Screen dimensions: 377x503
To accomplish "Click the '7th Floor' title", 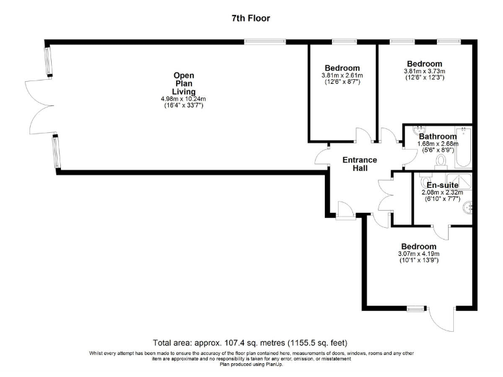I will coord(251,18).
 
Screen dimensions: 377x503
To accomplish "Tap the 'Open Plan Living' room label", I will coord(183,83).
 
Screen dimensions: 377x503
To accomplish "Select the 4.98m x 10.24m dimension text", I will coord(183,99).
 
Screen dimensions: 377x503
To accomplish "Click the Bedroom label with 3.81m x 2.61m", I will coord(342,69).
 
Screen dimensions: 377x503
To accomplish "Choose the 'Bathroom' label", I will coord(438,137).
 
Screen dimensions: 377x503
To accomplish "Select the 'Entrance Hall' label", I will coord(360,164).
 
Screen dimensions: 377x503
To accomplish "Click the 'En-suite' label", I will coord(442,185).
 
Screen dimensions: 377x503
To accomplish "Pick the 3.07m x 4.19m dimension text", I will coord(418,254).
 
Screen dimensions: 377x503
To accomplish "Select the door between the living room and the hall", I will coord(322,156).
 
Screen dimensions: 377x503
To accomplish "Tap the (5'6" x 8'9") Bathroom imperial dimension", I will coord(438,150).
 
